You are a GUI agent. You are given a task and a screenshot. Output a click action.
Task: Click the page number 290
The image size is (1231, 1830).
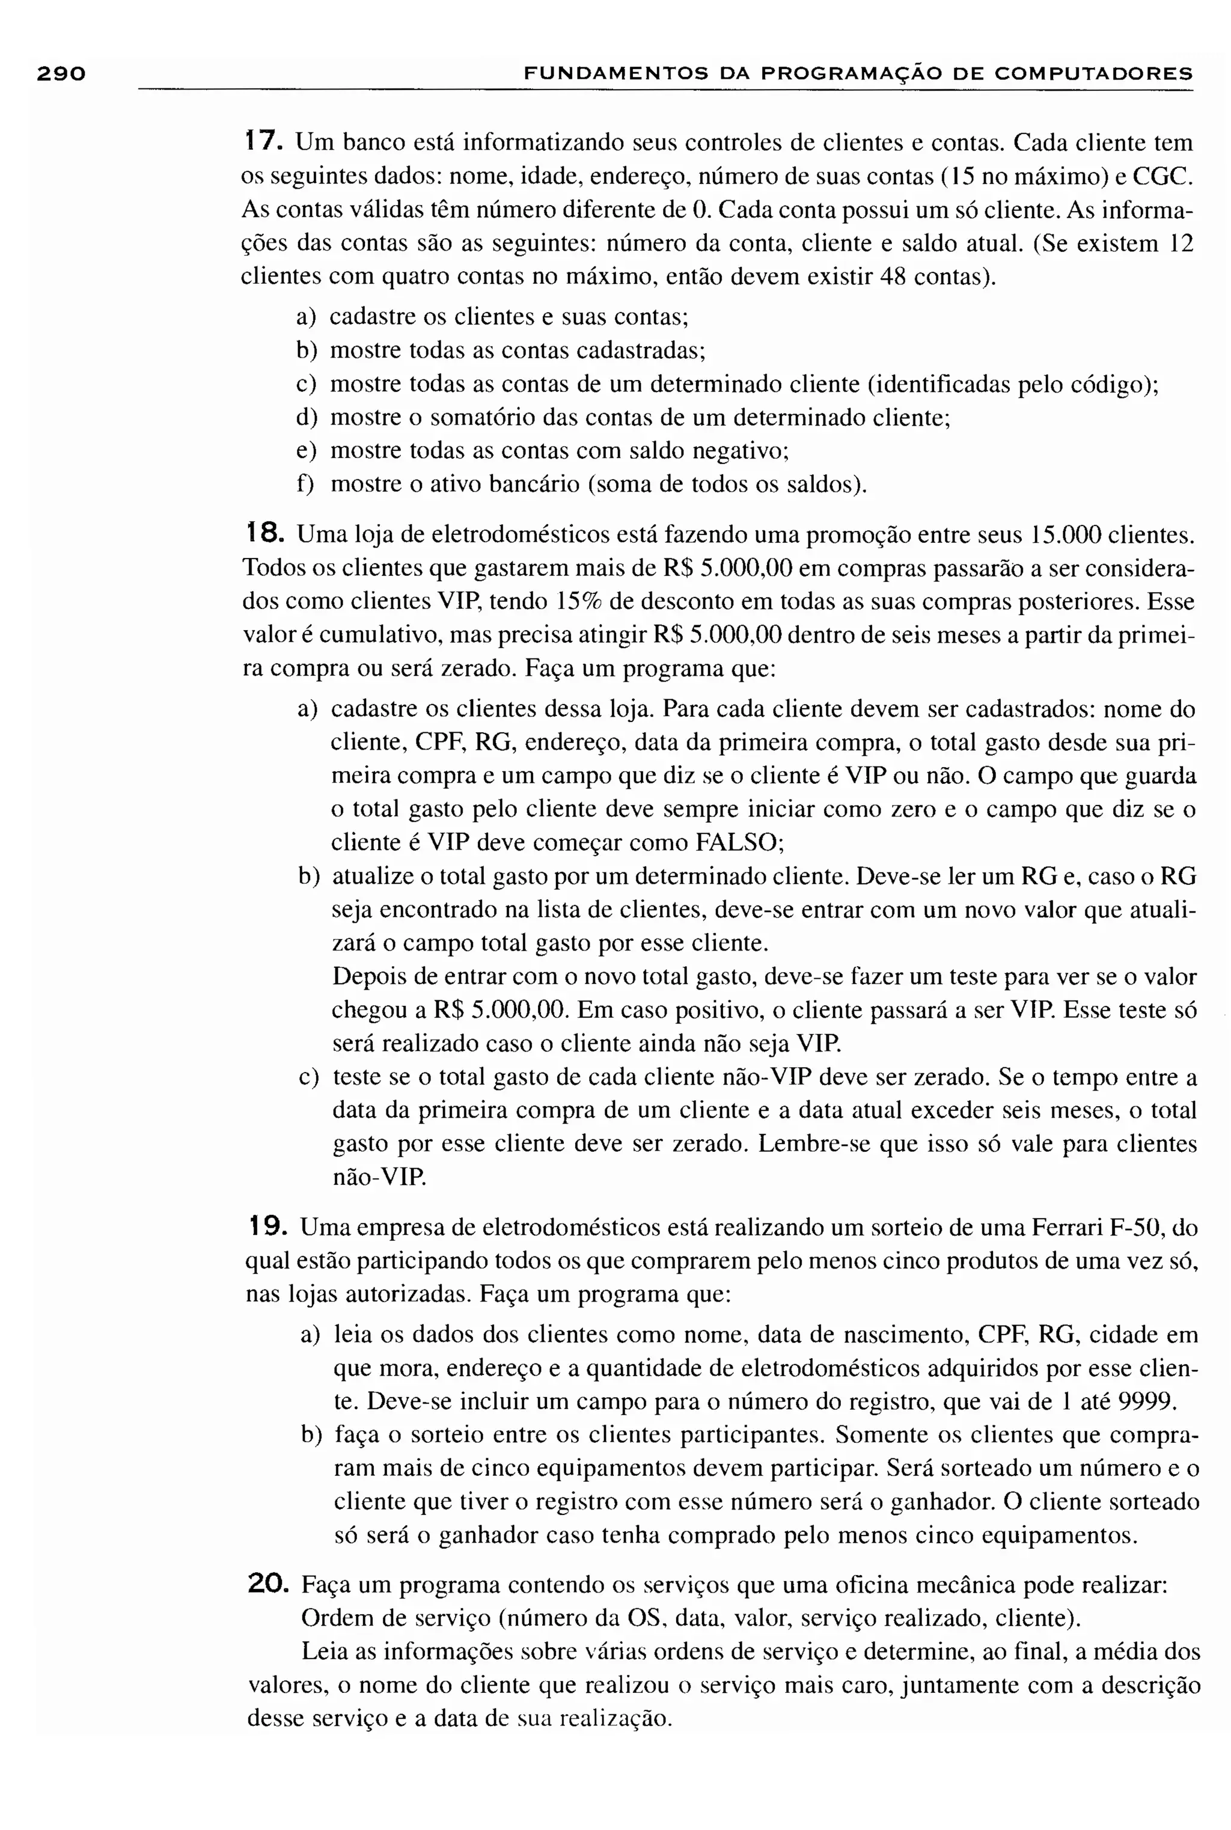[61, 74]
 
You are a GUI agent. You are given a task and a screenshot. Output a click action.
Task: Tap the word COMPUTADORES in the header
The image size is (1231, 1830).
[1093, 75]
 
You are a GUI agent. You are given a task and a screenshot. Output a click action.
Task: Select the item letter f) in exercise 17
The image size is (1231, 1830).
[305, 483]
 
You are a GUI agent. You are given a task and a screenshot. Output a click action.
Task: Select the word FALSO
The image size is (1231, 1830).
[739, 842]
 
